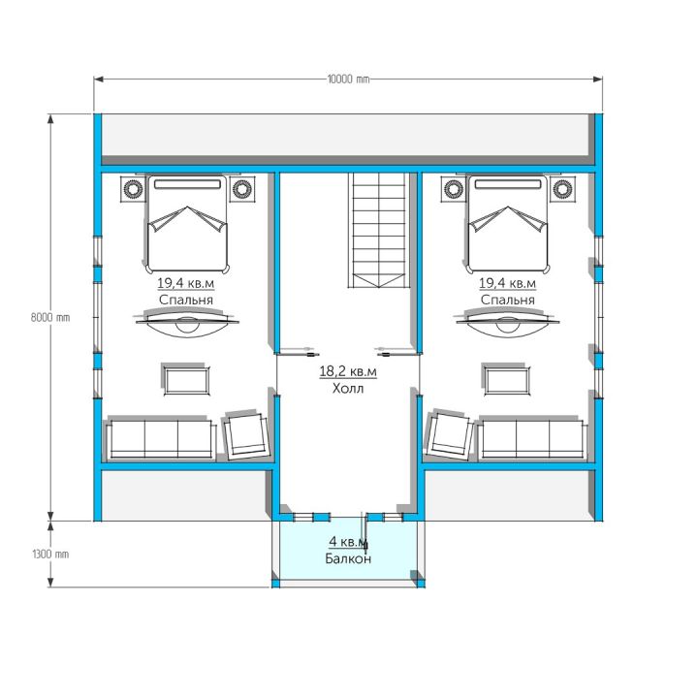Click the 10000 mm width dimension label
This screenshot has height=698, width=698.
pyautogui.click(x=348, y=79)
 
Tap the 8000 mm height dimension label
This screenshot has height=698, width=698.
pyautogui.click(x=50, y=317)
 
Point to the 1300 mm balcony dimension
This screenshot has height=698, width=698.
pyautogui.click(x=50, y=555)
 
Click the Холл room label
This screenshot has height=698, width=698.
pyautogui.click(x=348, y=389)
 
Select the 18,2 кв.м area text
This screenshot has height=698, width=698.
pyautogui.click(x=348, y=371)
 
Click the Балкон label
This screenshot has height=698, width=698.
pyautogui.click(x=348, y=558)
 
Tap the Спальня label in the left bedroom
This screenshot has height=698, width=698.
pyautogui.click(x=185, y=300)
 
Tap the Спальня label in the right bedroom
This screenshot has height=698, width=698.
pyautogui.click(x=507, y=300)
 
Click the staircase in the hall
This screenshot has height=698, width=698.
pyautogui.click(x=379, y=230)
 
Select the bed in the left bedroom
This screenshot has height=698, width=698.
pyautogui.click(x=187, y=224)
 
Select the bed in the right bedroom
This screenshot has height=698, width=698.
pyautogui.click(x=508, y=224)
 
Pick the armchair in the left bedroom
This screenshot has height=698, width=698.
pyautogui.click(x=247, y=435)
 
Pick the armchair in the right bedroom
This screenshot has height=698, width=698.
pyautogui.click(x=449, y=435)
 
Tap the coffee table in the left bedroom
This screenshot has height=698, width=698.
pyautogui.click(x=186, y=380)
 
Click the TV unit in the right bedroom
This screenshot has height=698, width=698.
pyautogui.click(x=508, y=323)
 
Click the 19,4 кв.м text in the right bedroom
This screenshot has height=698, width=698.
pyautogui.click(x=507, y=283)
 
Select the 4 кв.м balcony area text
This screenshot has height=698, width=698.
pyautogui.click(x=348, y=542)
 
